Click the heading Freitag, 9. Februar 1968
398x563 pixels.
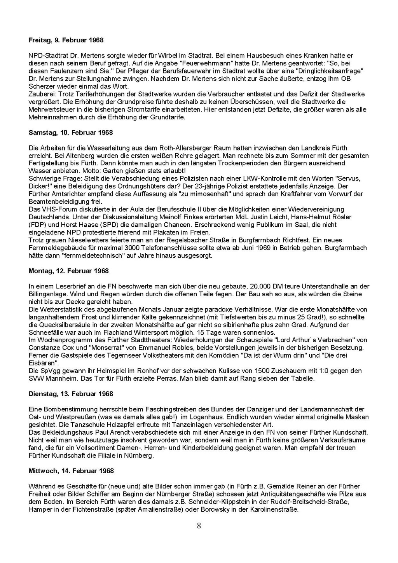pyautogui.click(x=66, y=40)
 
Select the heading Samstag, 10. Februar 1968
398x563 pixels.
pyautogui.click(x=71, y=133)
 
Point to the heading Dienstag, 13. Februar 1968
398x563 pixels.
pyautogui.click(x=71, y=394)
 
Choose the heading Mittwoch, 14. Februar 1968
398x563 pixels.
pyautogui.click(x=71, y=471)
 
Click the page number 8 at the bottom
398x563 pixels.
pyautogui.click(x=199, y=526)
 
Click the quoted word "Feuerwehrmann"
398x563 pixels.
pyautogui.click(x=202, y=63)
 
